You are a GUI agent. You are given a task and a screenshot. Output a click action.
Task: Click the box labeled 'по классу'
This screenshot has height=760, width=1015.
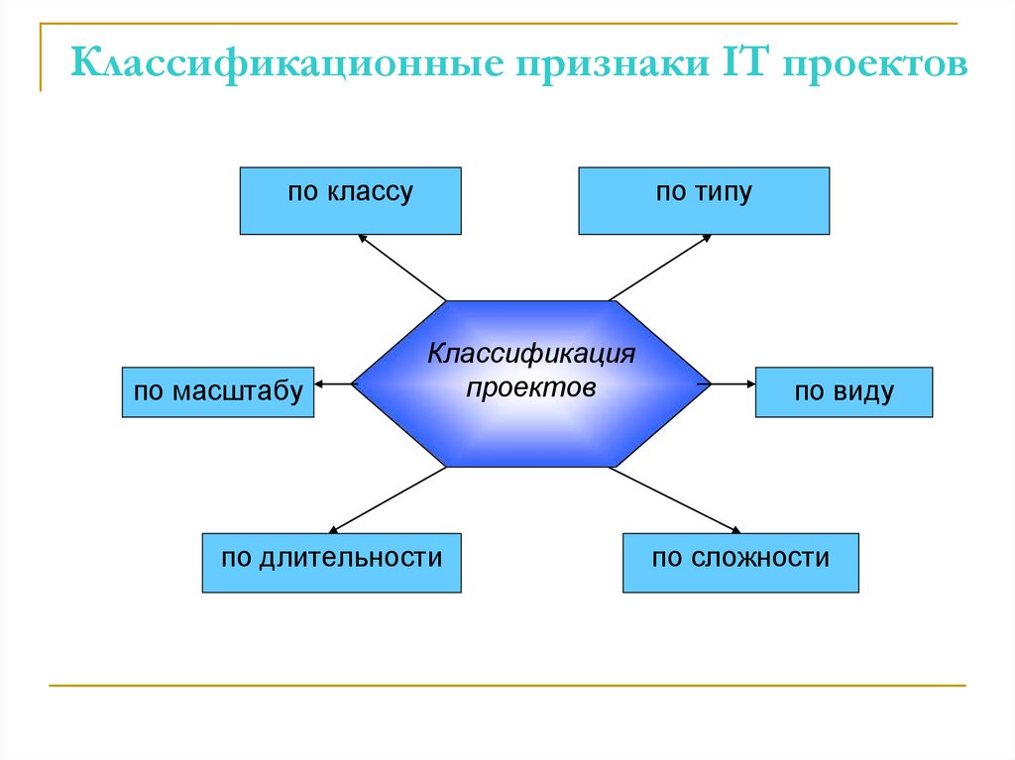350,201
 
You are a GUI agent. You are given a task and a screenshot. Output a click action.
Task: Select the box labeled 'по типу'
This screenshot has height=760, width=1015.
704,201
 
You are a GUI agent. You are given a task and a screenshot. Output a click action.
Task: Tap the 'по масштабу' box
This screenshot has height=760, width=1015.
218,391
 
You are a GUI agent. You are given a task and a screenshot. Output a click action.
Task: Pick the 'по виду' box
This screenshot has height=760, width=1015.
844,391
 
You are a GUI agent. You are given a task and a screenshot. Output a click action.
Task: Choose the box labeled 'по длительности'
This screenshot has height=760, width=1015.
331,563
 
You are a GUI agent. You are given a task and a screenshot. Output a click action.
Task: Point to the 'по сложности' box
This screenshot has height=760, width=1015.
740,563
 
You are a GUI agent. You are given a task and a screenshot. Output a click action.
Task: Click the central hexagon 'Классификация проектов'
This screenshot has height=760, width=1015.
531,383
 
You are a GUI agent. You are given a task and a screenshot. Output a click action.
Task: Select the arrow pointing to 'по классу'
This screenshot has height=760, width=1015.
401,267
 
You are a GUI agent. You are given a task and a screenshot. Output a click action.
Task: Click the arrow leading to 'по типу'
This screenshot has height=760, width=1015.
659,267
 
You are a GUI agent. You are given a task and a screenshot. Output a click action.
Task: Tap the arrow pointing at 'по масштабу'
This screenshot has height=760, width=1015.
335,383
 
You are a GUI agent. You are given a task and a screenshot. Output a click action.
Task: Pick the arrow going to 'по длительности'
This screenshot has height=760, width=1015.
387,499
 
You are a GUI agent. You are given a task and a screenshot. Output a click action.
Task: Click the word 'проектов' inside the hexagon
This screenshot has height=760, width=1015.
531,387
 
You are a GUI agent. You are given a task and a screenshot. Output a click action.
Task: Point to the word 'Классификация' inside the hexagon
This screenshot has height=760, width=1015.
531,355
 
